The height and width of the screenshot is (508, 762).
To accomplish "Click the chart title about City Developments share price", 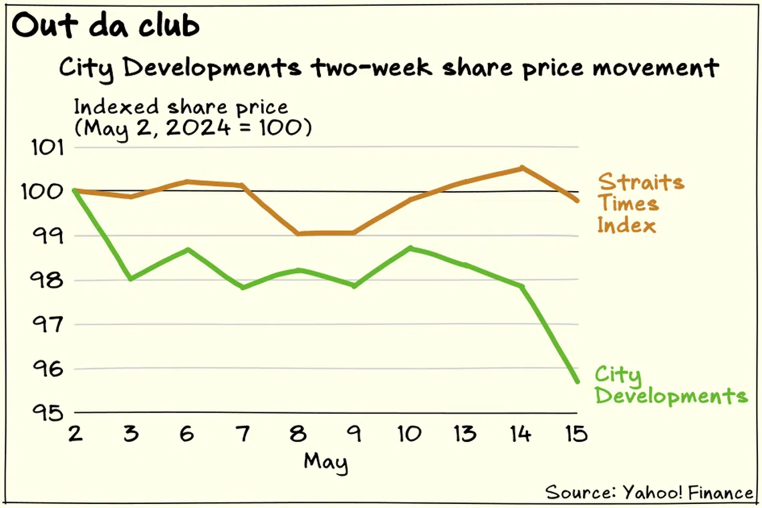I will [388, 68].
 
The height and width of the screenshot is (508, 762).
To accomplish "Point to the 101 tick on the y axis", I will [46, 148].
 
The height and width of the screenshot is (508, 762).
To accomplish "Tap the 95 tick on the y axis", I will [46, 412].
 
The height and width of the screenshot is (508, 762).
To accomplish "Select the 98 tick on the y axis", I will [46, 280].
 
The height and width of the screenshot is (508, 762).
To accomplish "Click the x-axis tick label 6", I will [187, 434].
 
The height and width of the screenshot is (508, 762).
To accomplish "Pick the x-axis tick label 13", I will [465, 434].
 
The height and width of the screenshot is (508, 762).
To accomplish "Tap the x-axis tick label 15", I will [576, 434].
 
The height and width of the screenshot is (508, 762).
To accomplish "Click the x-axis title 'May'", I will [326, 461].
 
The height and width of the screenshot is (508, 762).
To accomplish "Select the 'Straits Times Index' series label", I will [640, 203].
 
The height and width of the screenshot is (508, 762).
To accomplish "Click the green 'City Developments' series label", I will [670, 385].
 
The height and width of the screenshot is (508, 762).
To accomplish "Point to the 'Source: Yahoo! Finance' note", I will [649, 493].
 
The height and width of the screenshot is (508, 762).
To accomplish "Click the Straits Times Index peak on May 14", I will [521, 168].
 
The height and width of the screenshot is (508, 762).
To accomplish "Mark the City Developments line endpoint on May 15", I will [576, 381].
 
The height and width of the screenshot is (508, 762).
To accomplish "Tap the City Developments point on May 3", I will [131, 279].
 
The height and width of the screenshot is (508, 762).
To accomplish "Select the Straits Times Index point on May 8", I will [298, 233].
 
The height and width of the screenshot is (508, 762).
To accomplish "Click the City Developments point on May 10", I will [410, 248].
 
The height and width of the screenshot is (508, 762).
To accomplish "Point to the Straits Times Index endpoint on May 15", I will [576, 200].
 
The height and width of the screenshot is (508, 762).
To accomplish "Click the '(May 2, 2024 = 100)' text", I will [193, 127].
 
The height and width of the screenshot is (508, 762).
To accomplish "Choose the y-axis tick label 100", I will [46, 192].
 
